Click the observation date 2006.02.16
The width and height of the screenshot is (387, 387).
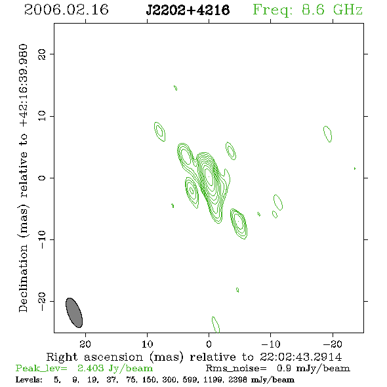pos(66,10)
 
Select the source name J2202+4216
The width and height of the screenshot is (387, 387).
pos(188,10)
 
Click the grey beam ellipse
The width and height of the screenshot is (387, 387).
pos(74,313)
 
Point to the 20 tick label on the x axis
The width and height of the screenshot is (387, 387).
pos(85,344)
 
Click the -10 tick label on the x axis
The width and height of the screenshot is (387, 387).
pos(271,344)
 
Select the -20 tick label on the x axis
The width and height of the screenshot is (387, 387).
pos(333,344)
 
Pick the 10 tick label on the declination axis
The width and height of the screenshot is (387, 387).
pos(42,116)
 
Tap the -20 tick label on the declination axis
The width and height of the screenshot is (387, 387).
pos(42,301)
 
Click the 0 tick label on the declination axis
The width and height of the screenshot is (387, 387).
pos(42,178)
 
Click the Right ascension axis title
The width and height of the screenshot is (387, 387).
pos(194,357)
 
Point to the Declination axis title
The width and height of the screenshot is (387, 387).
pos(23,178)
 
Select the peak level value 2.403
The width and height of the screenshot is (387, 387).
pos(91,368)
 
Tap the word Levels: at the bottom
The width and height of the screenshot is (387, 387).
pos(29,380)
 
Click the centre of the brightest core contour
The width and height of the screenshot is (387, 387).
pos(209,176)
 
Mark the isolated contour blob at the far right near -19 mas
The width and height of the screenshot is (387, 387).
pos(327,134)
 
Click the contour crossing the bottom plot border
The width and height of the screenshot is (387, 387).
pos(216,324)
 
